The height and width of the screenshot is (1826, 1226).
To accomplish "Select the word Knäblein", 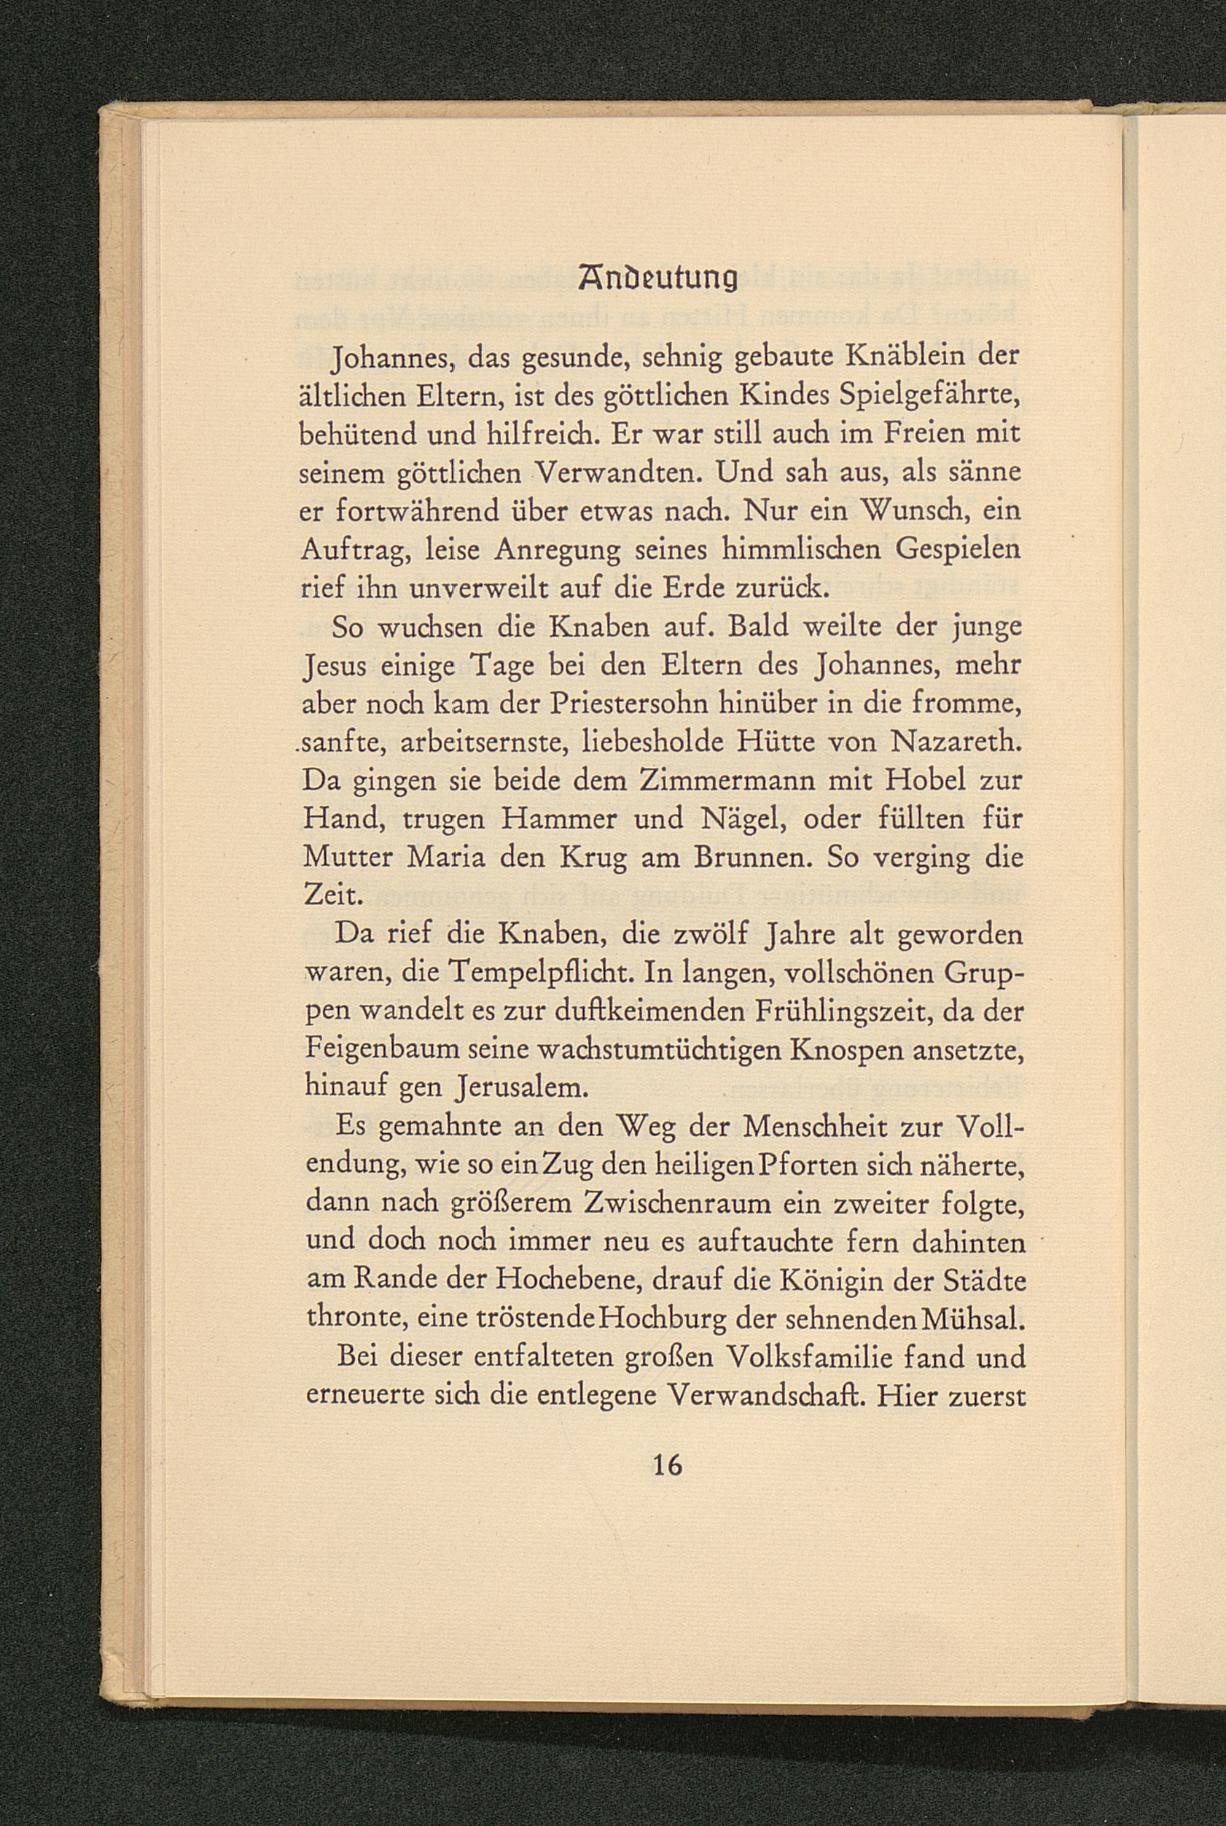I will [899, 357].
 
